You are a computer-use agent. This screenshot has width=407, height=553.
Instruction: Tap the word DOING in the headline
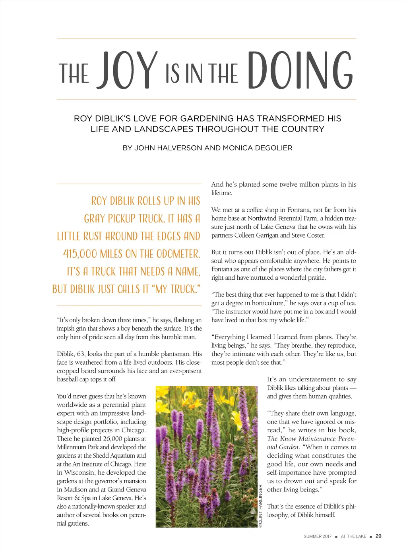coord(300,71)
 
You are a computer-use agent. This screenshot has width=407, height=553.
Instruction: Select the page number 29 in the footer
coord(378,536)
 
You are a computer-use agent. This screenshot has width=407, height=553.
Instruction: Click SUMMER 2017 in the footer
coord(317,536)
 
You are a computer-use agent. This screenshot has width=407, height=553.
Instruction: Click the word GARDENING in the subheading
coord(207,118)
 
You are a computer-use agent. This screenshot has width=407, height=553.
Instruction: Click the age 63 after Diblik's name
coord(81,354)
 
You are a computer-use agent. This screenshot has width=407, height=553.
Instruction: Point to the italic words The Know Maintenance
coord(301,439)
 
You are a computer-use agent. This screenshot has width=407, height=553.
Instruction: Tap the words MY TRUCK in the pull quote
coord(175,289)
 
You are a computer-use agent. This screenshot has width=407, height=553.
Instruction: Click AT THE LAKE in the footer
coord(353,536)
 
